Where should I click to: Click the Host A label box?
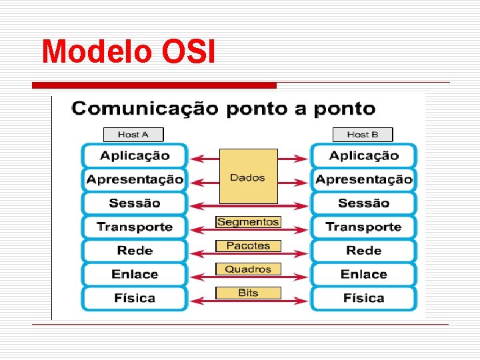pyautogui.click(x=133, y=135)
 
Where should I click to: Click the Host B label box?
pyautogui.click(x=363, y=135)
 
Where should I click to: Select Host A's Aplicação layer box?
pyautogui.click(x=135, y=156)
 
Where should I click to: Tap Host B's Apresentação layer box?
pyautogui.click(x=363, y=179)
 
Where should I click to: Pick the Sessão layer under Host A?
pyautogui.click(x=135, y=203)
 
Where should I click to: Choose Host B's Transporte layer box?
pyautogui.click(x=363, y=227)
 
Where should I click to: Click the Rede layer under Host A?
pyautogui.click(x=135, y=251)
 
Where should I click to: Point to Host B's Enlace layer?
pyautogui.click(x=363, y=274)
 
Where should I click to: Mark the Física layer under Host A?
pyautogui.click(x=135, y=298)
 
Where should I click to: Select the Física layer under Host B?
pyautogui.click(x=363, y=298)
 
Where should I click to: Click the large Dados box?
pyautogui.click(x=248, y=177)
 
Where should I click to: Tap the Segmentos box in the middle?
pyautogui.click(x=248, y=222)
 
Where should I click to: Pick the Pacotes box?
pyautogui.click(x=248, y=246)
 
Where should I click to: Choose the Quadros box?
pyautogui.click(x=248, y=269)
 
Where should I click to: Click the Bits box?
pyautogui.click(x=248, y=293)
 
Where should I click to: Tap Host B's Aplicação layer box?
pyautogui.click(x=363, y=156)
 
